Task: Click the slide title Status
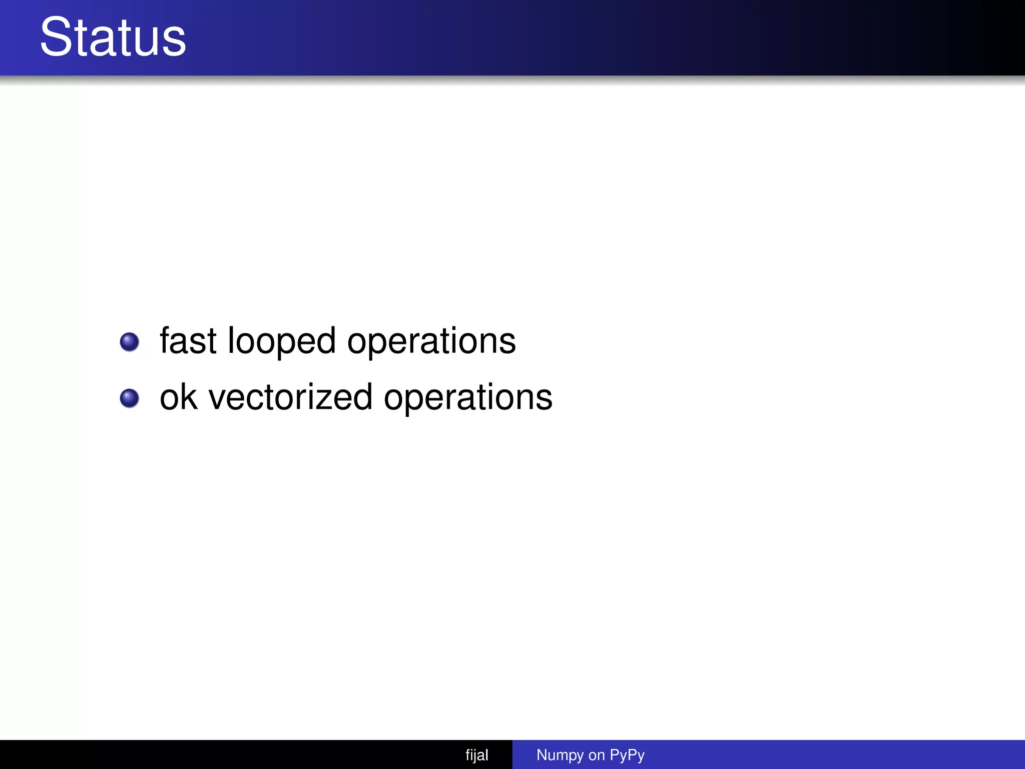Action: tap(113, 38)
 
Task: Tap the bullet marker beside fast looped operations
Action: tap(130, 342)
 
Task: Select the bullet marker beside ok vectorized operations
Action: tap(130, 399)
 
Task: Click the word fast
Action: tap(188, 341)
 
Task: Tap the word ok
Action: tap(178, 397)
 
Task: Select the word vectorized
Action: tap(290, 397)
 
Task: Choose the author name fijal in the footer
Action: tap(476, 755)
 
